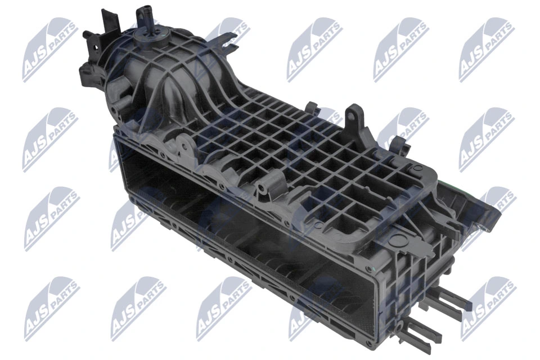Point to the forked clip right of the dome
pos(228,39)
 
